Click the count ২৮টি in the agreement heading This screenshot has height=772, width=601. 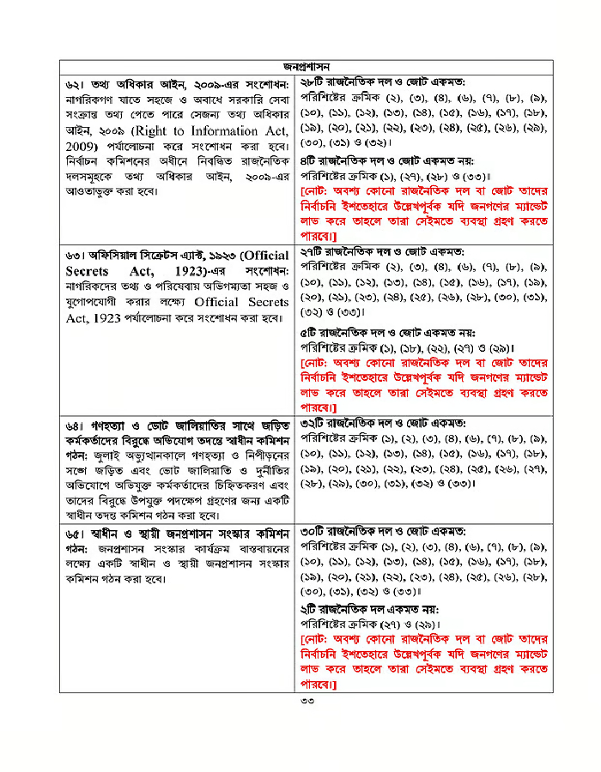click(x=313, y=81)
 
